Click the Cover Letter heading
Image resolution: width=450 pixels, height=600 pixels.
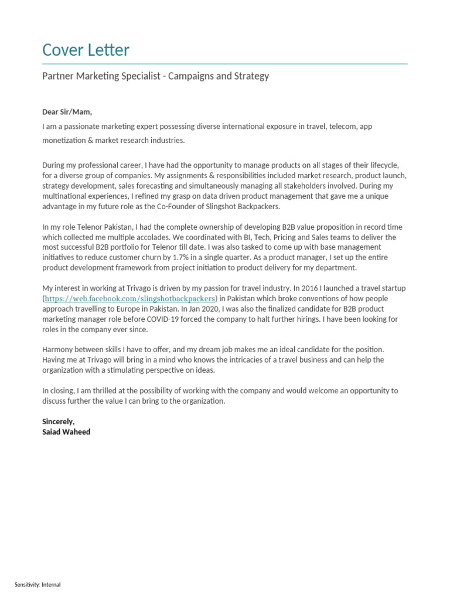[x=86, y=50]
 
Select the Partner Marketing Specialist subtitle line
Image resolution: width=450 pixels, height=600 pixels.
[x=155, y=76]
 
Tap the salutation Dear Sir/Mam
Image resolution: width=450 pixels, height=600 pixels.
[x=67, y=112]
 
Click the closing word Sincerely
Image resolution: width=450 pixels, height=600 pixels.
[x=59, y=421]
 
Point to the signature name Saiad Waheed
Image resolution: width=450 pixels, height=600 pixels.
[x=66, y=432]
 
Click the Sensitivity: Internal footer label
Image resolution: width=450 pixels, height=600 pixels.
[x=37, y=585]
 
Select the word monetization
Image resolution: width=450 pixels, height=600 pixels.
[x=64, y=140]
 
